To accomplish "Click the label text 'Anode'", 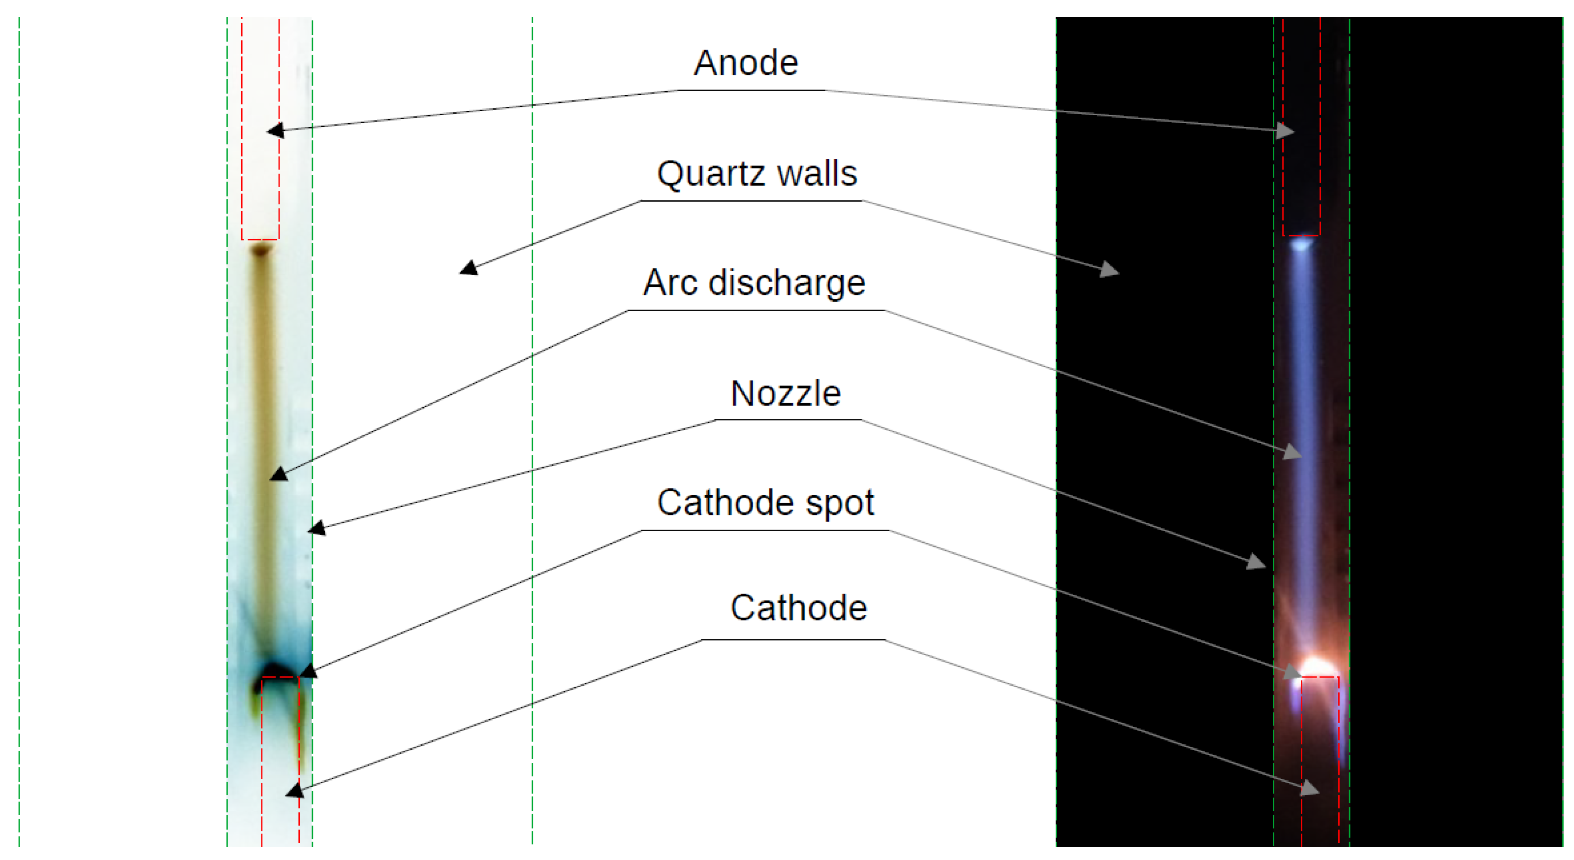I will click(x=746, y=63).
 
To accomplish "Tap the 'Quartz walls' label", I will click(x=757, y=174).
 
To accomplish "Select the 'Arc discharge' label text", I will click(x=754, y=283).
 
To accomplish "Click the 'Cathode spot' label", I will click(x=766, y=503).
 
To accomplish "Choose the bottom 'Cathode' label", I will click(x=799, y=608).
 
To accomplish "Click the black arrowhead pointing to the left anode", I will click(x=276, y=130).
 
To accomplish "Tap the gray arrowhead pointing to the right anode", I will click(x=1286, y=131).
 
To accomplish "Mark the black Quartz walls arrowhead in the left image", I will click(x=469, y=268).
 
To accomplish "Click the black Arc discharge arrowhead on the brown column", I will click(x=279, y=474).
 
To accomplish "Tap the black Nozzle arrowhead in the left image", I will click(x=316, y=528).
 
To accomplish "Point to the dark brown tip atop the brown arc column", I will click(x=261, y=250).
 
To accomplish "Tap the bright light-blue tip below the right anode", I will click(x=1301, y=245).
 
